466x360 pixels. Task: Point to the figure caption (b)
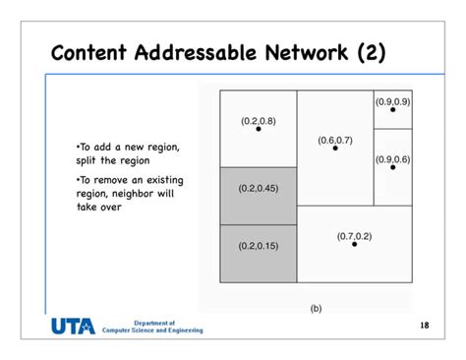[316, 308]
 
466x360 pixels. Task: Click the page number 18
[424, 324]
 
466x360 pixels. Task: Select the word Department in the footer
[152, 322]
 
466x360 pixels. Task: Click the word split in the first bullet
[87, 160]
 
